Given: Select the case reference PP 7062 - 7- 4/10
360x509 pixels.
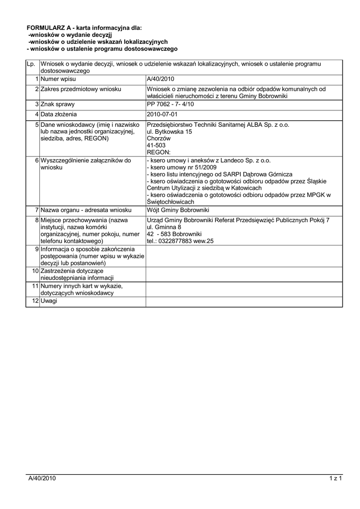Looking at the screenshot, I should (170, 105).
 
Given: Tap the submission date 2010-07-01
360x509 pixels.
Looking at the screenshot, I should (162, 114).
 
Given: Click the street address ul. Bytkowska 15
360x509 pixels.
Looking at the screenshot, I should (169, 131).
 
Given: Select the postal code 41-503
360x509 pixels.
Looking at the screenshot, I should (156, 145).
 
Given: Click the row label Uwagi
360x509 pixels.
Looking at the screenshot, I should (49, 302).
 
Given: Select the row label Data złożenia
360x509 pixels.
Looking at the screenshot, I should (59, 114).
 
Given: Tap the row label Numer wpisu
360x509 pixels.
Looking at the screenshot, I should (57, 79).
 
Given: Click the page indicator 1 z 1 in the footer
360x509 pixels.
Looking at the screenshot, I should (336, 478).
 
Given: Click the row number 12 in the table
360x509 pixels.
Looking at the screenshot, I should (35, 302).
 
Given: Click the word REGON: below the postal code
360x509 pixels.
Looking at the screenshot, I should (159, 152).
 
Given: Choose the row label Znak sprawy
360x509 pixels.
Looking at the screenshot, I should (58, 105).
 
